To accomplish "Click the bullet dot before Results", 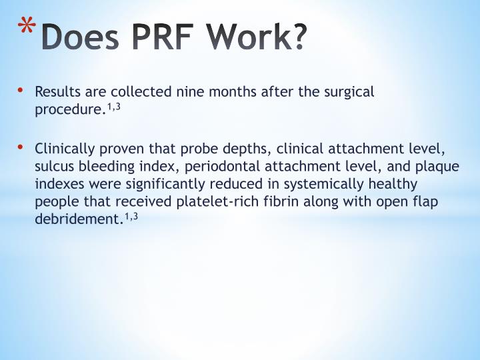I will coord(21,90).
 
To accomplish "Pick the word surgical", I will coord(349,92).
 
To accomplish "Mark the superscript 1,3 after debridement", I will coord(131,216).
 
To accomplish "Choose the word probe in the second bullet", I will coord(199,148).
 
